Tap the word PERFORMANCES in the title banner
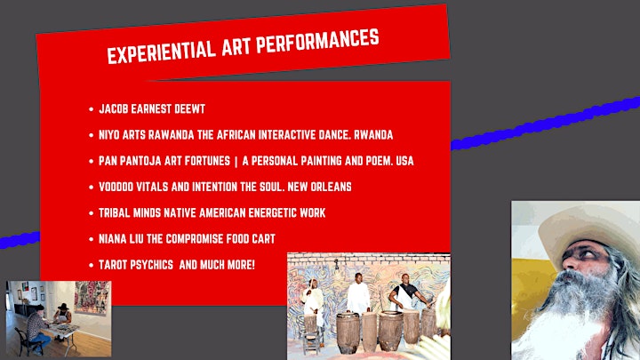coord(317,40)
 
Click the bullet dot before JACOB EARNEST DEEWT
coord(91,109)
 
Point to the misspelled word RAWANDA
coord(171,135)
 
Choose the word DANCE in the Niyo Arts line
coord(335,135)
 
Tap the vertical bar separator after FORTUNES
coord(236,161)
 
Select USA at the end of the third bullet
coord(405,161)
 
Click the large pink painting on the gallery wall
coord(92,297)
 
